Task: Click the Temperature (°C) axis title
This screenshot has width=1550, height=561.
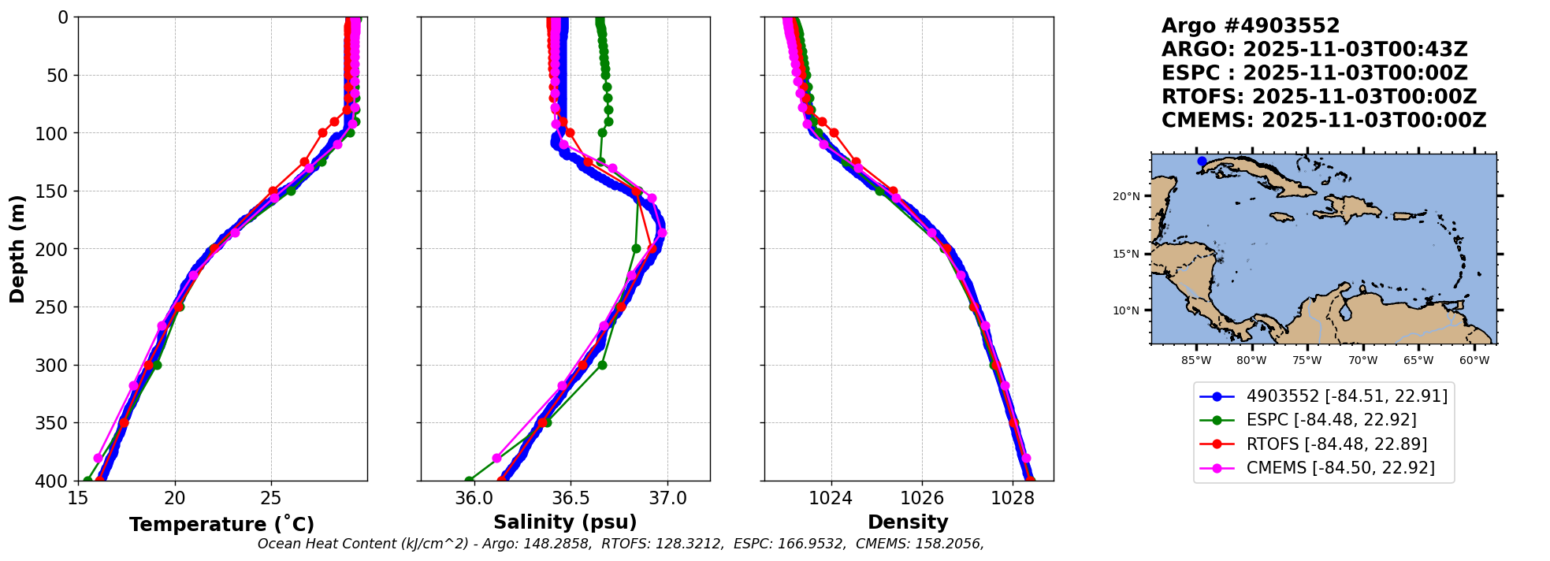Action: (x=221, y=524)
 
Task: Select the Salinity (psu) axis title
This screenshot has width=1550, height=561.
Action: (x=565, y=522)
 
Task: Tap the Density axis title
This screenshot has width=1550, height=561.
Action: (x=908, y=522)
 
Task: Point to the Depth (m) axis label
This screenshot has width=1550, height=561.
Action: (x=17, y=249)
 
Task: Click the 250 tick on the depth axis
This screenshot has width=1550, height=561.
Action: (x=55, y=307)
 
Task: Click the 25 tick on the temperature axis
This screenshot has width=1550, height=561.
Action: (x=271, y=498)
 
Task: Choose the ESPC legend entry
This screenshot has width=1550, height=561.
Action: (x=1331, y=420)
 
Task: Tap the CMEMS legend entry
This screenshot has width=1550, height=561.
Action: (x=1340, y=468)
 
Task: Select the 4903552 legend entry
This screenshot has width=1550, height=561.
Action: (x=1347, y=396)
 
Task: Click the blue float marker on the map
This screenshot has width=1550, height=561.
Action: (x=1202, y=162)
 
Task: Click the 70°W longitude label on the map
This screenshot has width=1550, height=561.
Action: (x=1362, y=361)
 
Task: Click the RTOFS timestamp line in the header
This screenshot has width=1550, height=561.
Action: (x=1319, y=97)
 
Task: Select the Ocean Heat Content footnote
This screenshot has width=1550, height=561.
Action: (x=620, y=544)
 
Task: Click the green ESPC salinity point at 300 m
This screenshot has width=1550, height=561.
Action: (x=602, y=365)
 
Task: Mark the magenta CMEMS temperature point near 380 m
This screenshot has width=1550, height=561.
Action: (x=98, y=458)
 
